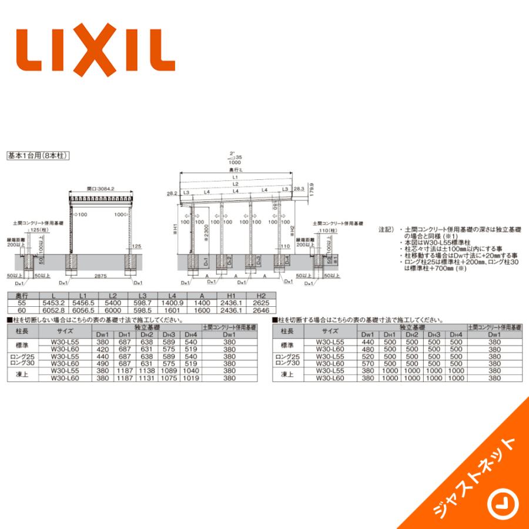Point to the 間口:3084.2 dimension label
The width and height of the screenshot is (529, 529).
(x=100, y=189)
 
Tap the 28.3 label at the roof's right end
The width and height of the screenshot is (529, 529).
(x=299, y=189)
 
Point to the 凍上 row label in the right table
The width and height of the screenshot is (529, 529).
(x=287, y=374)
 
